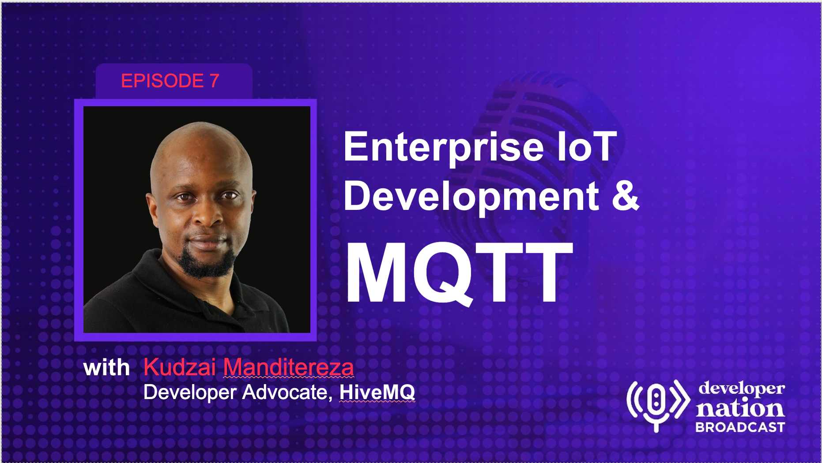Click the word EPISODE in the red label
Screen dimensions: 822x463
(x=162, y=81)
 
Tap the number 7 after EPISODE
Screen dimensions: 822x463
(x=215, y=81)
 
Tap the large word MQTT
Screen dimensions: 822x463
(x=459, y=272)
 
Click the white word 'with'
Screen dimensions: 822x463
(x=106, y=368)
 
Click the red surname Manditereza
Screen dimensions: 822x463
(x=288, y=367)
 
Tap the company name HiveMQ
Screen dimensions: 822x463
(x=377, y=392)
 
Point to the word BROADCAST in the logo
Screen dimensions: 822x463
(x=740, y=427)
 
